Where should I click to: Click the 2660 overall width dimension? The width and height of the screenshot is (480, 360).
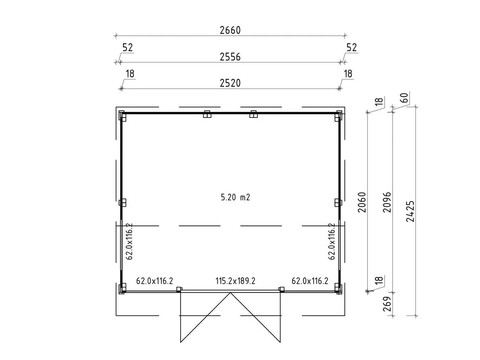pos(230,31)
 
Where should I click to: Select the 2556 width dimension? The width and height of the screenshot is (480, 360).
pos(230,57)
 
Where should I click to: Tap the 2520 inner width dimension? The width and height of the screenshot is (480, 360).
pos(230,83)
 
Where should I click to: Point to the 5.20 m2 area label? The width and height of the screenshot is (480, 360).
pos(235,197)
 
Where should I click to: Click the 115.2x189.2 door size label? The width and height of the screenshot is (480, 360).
pos(235,281)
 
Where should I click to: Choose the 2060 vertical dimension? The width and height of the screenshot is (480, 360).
pos(362,202)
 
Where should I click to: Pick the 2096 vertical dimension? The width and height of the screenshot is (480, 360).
pos(387,202)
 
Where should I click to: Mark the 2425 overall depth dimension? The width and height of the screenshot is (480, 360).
pos(410,211)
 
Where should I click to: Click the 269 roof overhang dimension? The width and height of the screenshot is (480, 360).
pos(387,304)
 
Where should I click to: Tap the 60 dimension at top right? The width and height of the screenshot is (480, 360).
pos(405,98)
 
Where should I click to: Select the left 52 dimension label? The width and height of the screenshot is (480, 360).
pos(128,47)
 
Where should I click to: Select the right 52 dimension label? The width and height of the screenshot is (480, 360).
pos(352,47)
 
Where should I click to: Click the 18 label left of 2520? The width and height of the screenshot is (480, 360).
pos(130,74)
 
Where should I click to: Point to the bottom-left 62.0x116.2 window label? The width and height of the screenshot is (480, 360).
pos(155,281)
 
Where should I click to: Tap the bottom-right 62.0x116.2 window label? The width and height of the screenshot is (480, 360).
pos(310,281)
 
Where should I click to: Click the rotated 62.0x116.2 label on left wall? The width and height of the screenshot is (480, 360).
pos(129,241)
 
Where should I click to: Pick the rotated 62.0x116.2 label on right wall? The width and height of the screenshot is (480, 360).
pos(332,241)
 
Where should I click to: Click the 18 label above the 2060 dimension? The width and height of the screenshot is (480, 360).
pos(380,101)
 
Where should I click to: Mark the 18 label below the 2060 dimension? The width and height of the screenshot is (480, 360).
pos(380,280)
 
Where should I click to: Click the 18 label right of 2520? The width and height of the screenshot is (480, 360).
pos(348,74)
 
